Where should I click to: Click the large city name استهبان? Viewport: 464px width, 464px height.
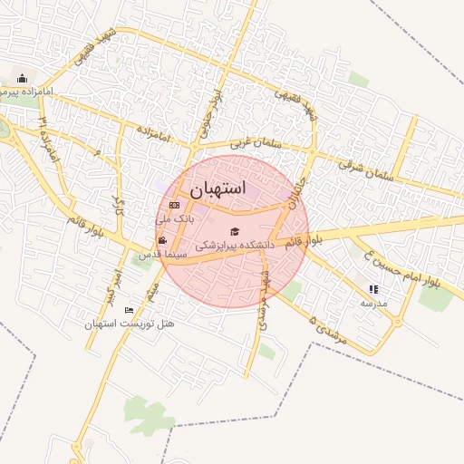(x=218, y=188)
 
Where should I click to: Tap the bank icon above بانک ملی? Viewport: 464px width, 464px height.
(x=175, y=206)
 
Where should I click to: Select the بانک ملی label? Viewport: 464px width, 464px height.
(x=175, y=218)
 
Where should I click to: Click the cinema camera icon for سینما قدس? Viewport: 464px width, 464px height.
(x=162, y=240)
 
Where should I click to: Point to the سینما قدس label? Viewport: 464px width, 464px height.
(x=161, y=256)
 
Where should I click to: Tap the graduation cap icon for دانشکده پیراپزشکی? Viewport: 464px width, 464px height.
(x=236, y=232)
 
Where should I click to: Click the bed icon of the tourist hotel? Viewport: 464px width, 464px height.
(x=129, y=311)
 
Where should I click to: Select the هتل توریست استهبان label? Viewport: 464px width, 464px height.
(x=130, y=324)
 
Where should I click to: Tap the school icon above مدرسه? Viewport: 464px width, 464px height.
(x=372, y=290)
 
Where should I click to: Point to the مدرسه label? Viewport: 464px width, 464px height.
(x=372, y=303)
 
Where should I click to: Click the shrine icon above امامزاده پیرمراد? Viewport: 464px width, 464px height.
(x=22, y=79)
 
